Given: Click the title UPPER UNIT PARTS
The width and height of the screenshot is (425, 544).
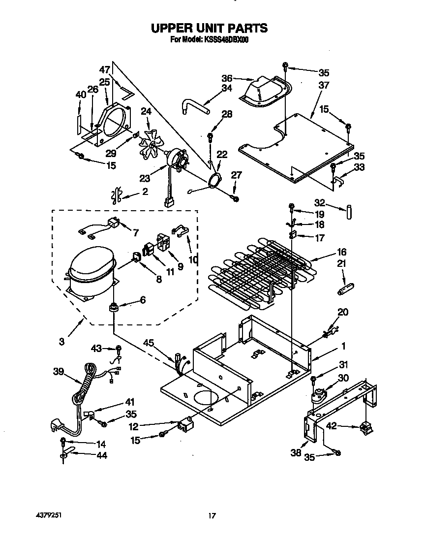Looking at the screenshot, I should (209, 28).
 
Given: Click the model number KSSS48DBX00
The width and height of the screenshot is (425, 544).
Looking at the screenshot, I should (225, 40).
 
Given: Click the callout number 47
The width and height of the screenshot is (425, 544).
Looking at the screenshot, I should (105, 69).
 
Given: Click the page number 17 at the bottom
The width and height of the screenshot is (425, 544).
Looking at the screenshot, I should (212, 515).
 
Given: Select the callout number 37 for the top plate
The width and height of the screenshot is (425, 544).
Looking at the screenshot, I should (323, 85).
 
